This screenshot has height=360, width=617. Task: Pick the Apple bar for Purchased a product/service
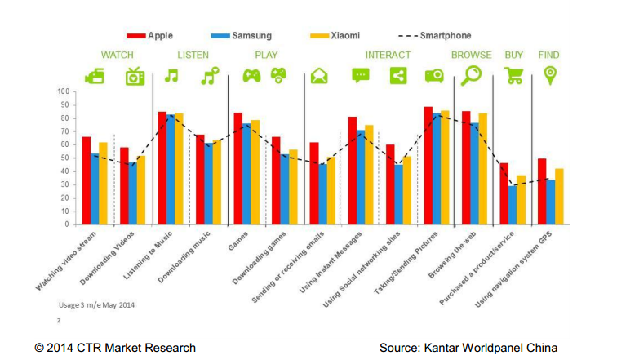click(x=504, y=193)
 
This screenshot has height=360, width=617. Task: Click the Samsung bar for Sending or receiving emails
click(x=322, y=193)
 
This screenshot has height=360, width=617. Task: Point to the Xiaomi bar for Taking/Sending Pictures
click(x=445, y=167)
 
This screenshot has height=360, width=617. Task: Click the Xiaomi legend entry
click(x=335, y=36)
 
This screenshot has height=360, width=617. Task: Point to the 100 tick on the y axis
click(x=64, y=91)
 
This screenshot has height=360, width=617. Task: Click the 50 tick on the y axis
click(x=65, y=158)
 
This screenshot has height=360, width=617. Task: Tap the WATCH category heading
click(x=118, y=56)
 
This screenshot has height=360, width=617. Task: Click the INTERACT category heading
click(x=388, y=56)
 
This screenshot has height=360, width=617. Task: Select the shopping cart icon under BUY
click(x=513, y=76)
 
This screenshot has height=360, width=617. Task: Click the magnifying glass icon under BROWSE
click(x=472, y=76)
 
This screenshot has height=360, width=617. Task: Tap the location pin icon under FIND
click(x=550, y=75)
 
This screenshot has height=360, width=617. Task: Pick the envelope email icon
click(x=319, y=77)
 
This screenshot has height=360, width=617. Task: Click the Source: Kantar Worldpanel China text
click(x=468, y=348)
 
